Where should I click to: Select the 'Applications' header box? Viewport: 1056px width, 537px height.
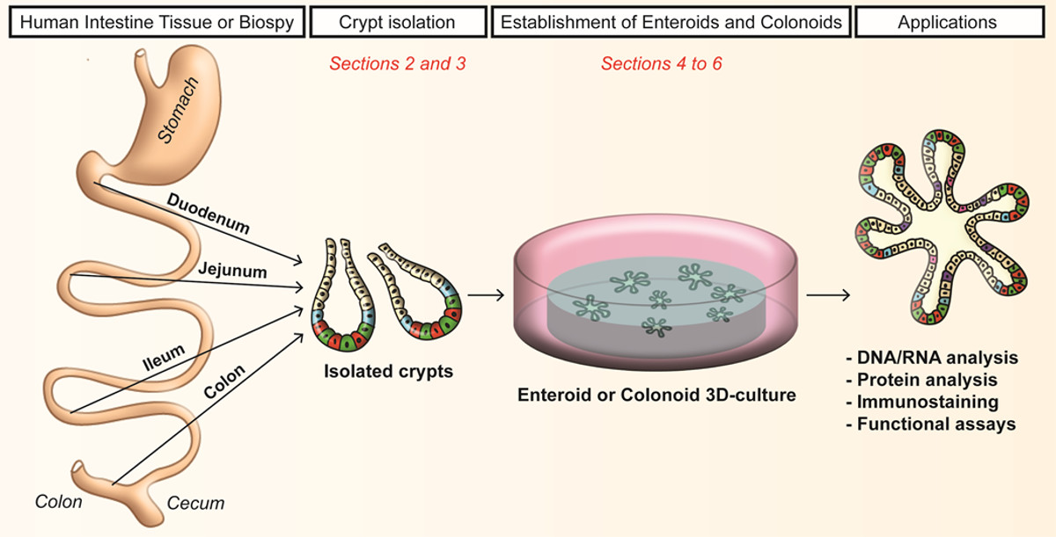coord(947,21)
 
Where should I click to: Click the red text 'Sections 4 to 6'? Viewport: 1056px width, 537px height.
coord(662,64)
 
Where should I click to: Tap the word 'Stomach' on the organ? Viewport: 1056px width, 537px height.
coord(179,110)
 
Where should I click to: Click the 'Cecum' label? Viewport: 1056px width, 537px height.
coord(195,504)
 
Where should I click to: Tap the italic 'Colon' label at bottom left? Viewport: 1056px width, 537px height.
coord(58,502)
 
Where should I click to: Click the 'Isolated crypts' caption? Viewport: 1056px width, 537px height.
coord(387,371)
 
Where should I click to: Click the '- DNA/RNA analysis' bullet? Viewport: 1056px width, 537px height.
coord(930,358)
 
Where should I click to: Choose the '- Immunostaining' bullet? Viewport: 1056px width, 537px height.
coord(924,402)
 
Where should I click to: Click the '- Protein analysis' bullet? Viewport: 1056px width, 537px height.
coord(925,380)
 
